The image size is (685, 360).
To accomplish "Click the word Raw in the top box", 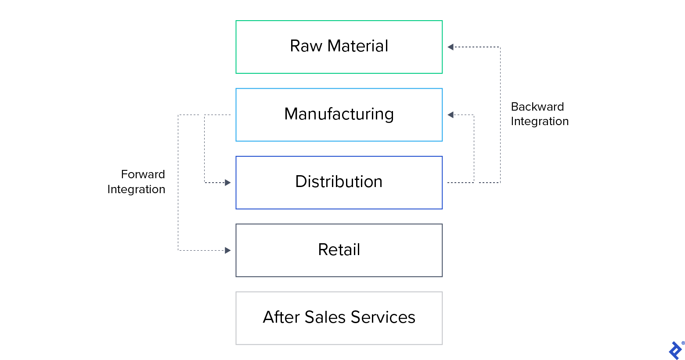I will point(306,46).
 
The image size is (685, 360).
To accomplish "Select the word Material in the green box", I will point(357,46).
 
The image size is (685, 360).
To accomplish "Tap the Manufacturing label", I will point(339,114).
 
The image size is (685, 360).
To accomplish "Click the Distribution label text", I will point(339,182).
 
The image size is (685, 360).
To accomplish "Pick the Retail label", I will point(339,250).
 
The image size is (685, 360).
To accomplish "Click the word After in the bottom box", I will point(281,317).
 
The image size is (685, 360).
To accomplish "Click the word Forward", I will point(143,174).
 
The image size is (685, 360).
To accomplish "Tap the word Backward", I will point(537,107).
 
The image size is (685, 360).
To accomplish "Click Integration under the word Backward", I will point(540,122).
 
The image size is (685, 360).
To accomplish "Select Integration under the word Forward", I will point(136,189).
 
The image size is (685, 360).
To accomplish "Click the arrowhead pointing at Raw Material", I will point(450,47).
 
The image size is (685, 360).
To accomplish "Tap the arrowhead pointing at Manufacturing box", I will point(450,115).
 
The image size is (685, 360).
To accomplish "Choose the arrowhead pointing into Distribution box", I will point(228,183).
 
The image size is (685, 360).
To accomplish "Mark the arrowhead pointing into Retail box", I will point(228,250).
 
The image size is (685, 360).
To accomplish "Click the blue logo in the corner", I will point(674,351).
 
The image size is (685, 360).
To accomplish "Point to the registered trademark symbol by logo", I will point(683,343).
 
